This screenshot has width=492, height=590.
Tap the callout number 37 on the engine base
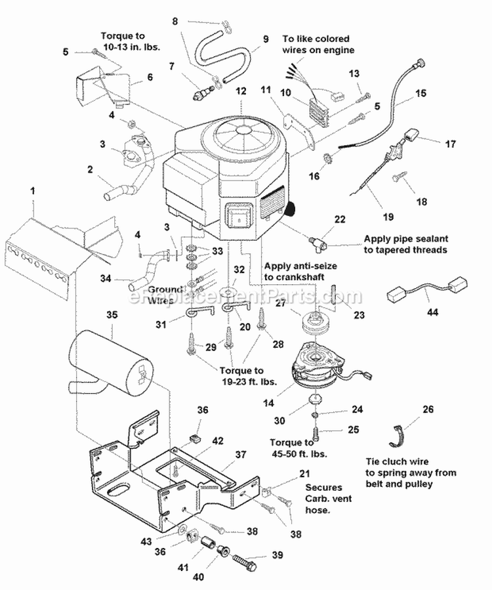tap(241, 454)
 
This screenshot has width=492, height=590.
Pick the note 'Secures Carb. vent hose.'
tap(328, 499)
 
